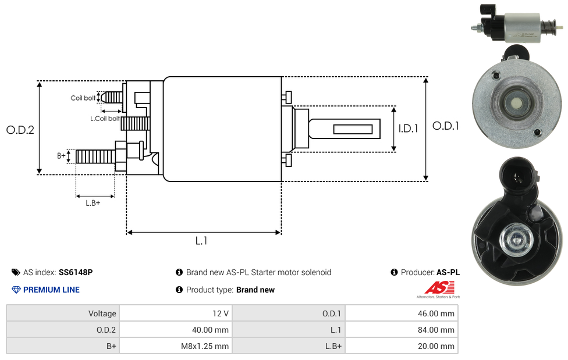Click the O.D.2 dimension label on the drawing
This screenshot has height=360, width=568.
(x=20, y=130)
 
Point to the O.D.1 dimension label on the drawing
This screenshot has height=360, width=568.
(x=446, y=126)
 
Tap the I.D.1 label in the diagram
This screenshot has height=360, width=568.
(x=409, y=129)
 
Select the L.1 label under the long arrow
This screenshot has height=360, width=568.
(x=201, y=241)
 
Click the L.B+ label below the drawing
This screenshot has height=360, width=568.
(x=93, y=203)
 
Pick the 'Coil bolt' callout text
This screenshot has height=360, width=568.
(x=83, y=98)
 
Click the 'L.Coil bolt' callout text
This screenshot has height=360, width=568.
(x=105, y=119)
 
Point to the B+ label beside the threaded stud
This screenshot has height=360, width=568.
(x=61, y=156)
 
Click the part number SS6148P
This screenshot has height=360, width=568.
(x=76, y=272)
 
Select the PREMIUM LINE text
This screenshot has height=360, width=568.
(x=51, y=290)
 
